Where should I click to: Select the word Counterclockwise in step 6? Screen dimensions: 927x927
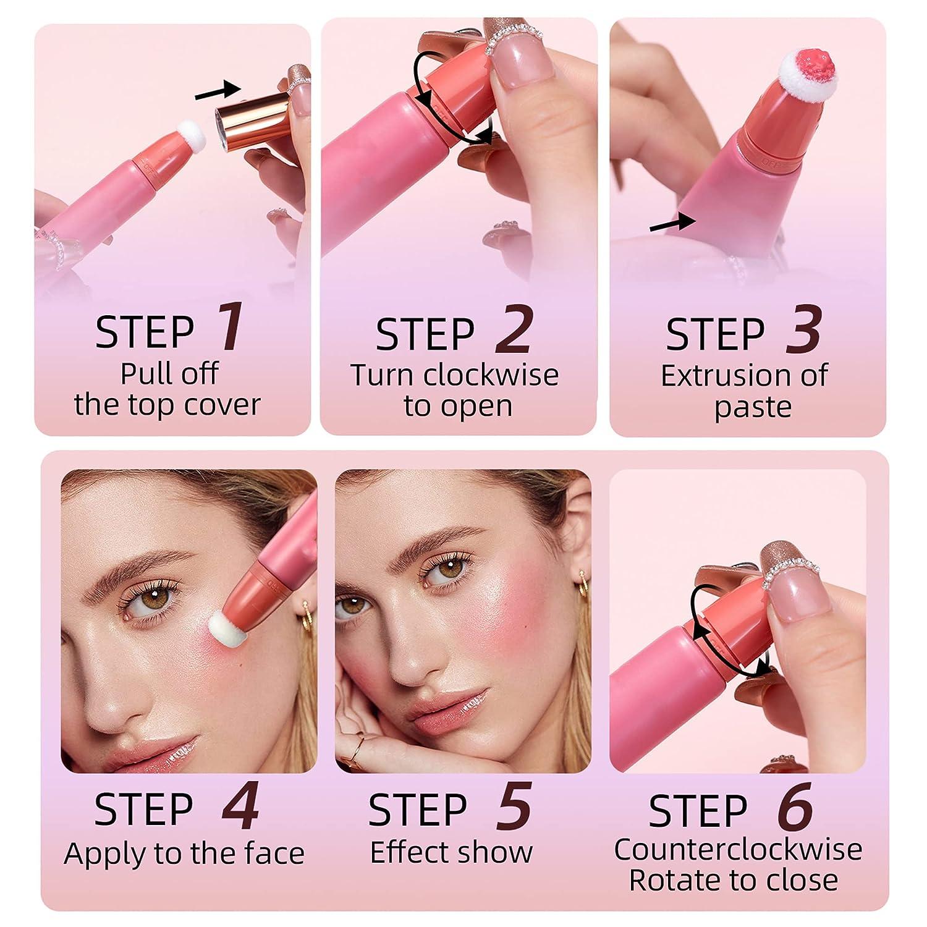(x=738, y=849)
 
